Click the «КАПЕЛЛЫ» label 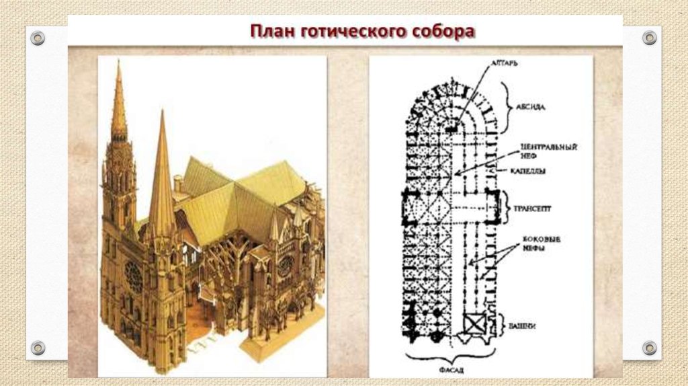tap(530, 171)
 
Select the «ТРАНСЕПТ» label tap(533, 209)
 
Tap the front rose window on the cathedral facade tap(134, 276)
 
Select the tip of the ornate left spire tap(119, 63)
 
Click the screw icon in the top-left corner tap(38, 38)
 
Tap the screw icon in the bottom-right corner tap(649, 348)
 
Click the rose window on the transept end tap(285, 264)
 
